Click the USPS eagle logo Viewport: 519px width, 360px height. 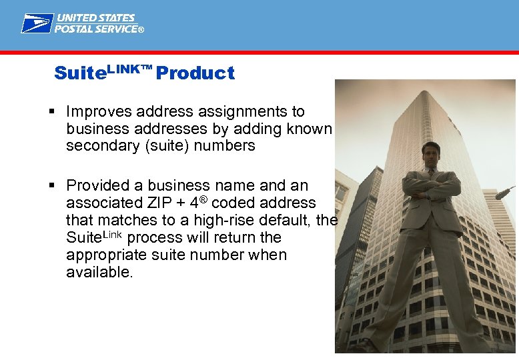pos(37,23)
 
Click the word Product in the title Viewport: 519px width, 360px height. pos(195,73)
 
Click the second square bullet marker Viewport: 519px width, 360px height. pos(57,185)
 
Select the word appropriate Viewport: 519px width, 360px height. pos(110,255)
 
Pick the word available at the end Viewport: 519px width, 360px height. pos(98,273)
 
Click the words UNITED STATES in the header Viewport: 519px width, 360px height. pos(95,18)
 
